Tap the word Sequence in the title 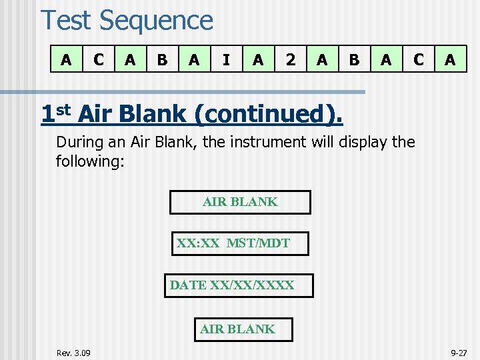coord(156,21)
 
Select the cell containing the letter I coord(227,59)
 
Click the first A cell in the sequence coord(66,59)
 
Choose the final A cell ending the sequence coord(450,59)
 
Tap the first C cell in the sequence coord(99,59)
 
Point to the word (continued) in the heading coord(268,115)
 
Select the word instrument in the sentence coord(255,142)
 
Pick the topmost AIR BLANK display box coord(240,202)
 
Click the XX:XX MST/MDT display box coord(240,243)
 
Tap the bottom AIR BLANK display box coord(237,329)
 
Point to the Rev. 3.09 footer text coord(74,352)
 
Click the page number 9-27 coord(459,352)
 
